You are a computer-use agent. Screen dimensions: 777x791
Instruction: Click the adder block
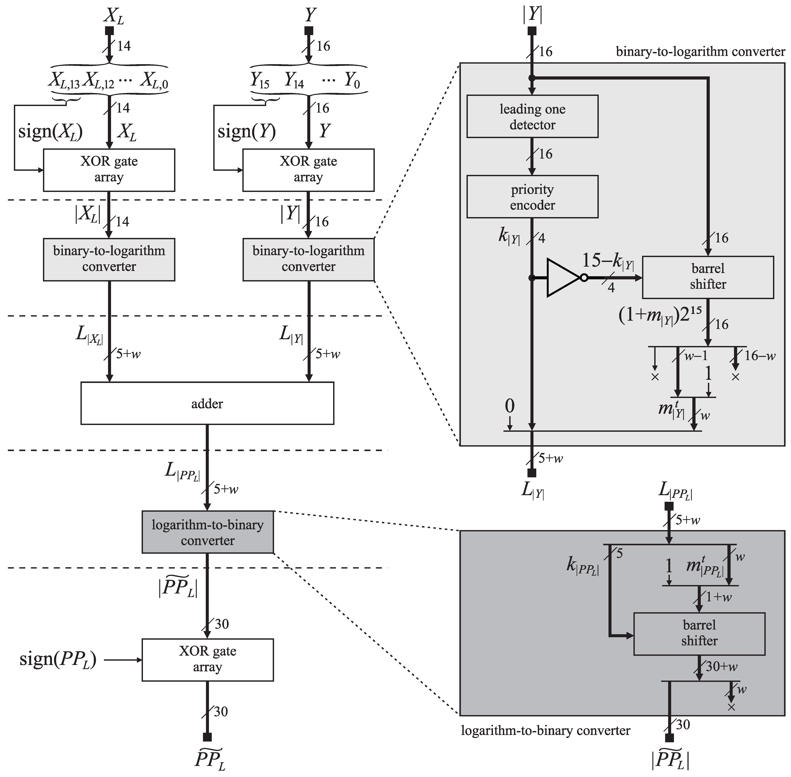click(207, 403)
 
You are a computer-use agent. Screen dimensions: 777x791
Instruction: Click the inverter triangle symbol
click(563, 278)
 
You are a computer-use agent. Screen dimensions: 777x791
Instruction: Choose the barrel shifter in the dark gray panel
click(699, 633)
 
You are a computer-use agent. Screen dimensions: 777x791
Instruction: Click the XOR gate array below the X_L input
click(109, 169)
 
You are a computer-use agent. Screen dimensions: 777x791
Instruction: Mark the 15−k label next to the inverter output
click(607, 261)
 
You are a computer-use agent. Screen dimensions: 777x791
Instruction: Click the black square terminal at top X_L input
click(109, 31)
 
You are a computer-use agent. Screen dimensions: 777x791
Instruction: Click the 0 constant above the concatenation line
click(509, 406)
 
